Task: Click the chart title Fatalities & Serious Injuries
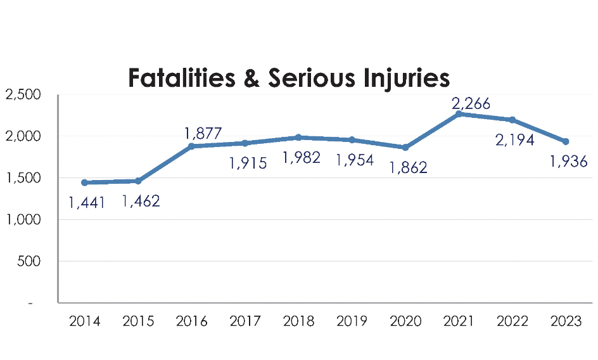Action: [289, 78]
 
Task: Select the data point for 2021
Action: [459, 114]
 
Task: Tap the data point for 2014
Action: [84, 183]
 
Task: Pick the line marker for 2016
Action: [191, 146]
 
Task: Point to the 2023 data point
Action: [566, 141]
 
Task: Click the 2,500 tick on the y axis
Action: [23, 95]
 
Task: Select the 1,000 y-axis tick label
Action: [23, 220]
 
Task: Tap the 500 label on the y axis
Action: [29, 261]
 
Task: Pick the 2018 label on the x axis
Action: [298, 321]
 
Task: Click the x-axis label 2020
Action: [405, 321]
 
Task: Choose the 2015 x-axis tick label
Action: [138, 321]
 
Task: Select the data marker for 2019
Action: [352, 139]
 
